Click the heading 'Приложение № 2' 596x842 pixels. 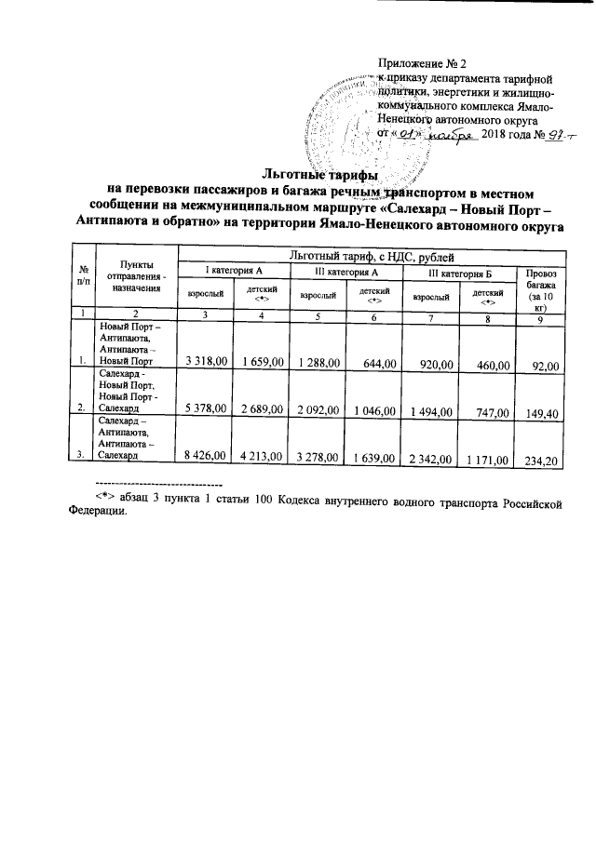[421, 63]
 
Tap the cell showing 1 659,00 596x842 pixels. [262, 360]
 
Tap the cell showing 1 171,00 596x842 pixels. [482, 458]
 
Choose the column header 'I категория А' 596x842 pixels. [234, 271]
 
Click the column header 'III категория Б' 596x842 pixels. [460, 271]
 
